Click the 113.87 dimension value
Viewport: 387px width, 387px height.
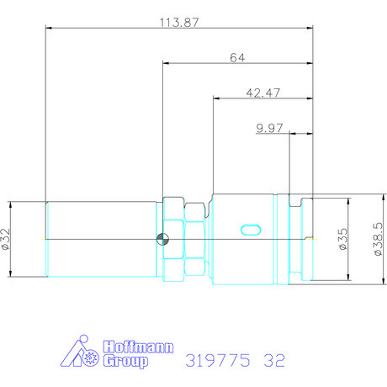pyautogui.click(x=179, y=23)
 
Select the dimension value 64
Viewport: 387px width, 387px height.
pyautogui.click(x=237, y=58)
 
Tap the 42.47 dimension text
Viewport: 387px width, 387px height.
pyautogui.click(x=262, y=93)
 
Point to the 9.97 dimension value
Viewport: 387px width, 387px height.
pyautogui.click(x=269, y=128)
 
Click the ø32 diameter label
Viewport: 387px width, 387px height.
pyautogui.click(x=6, y=239)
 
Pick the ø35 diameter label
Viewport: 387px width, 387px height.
pyautogui.click(x=343, y=239)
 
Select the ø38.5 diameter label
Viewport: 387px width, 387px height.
pyautogui.click(x=379, y=239)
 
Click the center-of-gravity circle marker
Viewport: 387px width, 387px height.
pyautogui.click(x=162, y=239)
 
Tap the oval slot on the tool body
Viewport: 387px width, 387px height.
pyautogui.click(x=251, y=230)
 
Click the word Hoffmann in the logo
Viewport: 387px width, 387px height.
pyautogui.click(x=138, y=347)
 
